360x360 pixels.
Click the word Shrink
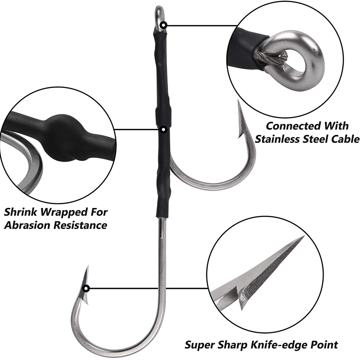point(21,212)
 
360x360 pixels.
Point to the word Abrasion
point(27,225)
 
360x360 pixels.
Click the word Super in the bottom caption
point(199,345)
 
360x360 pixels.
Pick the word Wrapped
point(64,212)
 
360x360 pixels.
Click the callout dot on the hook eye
point(164,25)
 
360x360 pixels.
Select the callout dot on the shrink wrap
point(163,130)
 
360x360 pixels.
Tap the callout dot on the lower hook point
point(86,289)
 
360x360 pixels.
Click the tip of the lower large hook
point(88,266)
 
